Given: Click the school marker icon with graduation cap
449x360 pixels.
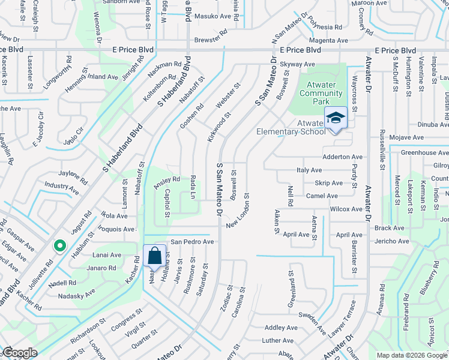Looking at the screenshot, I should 336,117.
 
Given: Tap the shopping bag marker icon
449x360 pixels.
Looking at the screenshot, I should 155,256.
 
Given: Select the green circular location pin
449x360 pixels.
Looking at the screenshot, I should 59,245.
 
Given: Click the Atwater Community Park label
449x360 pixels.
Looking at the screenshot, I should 321,94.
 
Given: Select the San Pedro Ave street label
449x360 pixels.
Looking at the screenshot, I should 192,242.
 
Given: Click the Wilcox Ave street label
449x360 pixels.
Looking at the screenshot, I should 346,209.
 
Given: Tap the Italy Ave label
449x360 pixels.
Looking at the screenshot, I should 309,170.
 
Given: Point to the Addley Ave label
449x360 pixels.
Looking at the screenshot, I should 281,328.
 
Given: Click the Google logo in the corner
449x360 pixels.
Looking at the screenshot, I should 20,353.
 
